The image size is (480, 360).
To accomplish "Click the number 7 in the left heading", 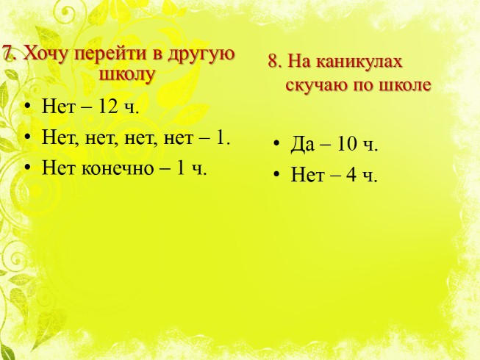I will click(x=7, y=55).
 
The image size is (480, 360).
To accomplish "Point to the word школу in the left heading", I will click(x=127, y=74).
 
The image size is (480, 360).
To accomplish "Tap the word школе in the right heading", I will click(x=405, y=84).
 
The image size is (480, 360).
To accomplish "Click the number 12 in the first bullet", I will click(x=110, y=108).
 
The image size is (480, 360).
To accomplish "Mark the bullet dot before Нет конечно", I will click(x=27, y=168).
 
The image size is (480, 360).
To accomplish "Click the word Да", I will click(x=303, y=144).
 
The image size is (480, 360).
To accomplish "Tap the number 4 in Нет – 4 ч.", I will click(x=351, y=175).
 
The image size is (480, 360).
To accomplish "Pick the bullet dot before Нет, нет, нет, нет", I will click(x=27, y=138).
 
